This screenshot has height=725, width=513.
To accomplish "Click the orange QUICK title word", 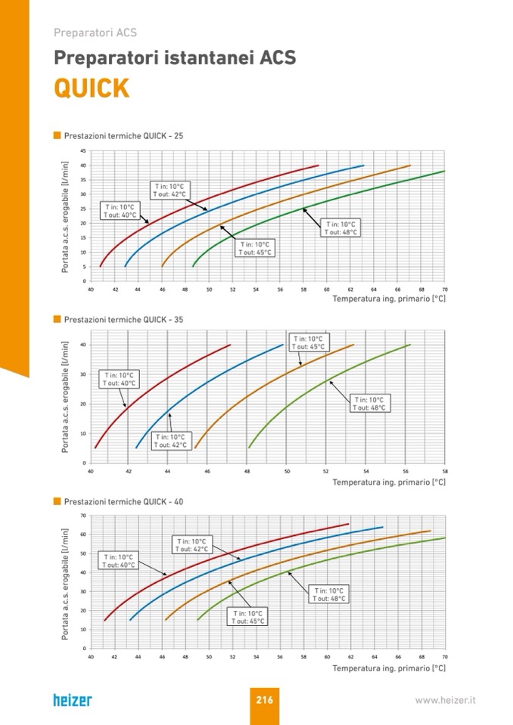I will pyautogui.click(x=92, y=88).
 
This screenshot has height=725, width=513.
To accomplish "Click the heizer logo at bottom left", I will pyautogui.click(x=73, y=700).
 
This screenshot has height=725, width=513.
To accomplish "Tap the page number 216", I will pyautogui.click(x=264, y=700).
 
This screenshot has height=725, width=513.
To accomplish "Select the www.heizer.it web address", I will pyautogui.click(x=445, y=701).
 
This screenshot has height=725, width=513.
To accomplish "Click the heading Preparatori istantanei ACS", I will pyautogui.click(x=175, y=58).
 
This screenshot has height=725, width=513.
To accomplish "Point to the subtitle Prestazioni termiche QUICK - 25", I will pyautogui.click(x=123, y=136).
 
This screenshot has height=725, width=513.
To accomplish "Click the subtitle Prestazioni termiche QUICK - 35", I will pyautogui.click(x=123, y=320).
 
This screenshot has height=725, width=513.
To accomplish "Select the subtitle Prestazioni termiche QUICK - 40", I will pyautogui.click(x=123, y=502).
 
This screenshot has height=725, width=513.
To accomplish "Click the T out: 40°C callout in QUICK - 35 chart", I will pyautogui.click(x=119, y=379).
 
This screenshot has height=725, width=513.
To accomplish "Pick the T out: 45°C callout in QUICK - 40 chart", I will pyautogui.click(x=249, y=618).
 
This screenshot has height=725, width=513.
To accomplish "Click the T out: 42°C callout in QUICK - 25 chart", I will pyautogui.click(x=169, y=190).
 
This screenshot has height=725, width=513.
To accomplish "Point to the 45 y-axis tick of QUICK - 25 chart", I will pyautogui.click(x=83, y=151).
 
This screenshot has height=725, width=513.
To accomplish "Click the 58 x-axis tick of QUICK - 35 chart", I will pyautogui.click(x=444, y=471).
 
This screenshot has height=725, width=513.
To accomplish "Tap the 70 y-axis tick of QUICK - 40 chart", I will pyautogui.click(x=83, y=516).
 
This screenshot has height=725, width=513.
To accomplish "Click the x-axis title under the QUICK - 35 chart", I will pyautogui.click(x=389, y=482).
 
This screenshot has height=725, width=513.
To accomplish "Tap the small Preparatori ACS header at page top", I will pyautogui.click(x=95, y=33).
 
